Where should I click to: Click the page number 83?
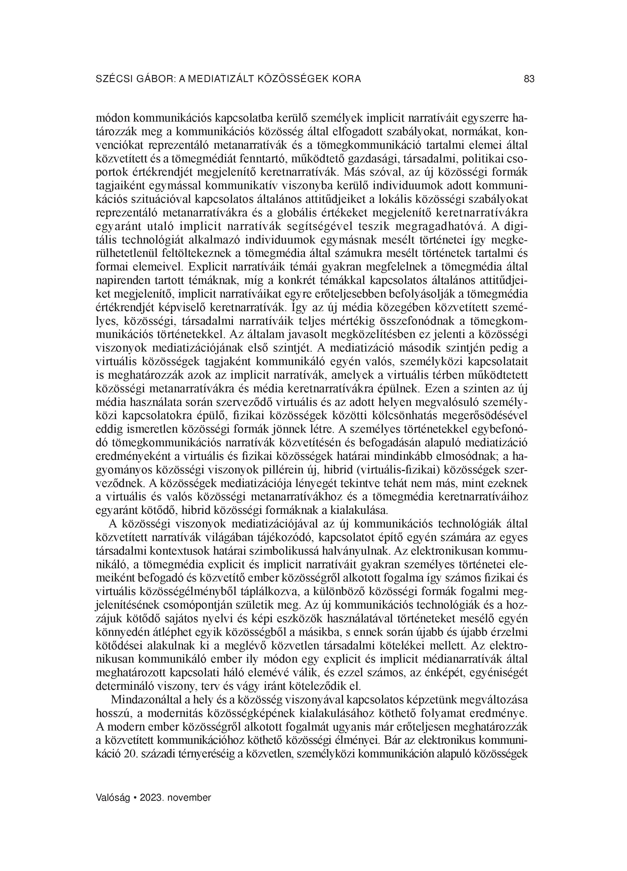click(529, 79)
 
